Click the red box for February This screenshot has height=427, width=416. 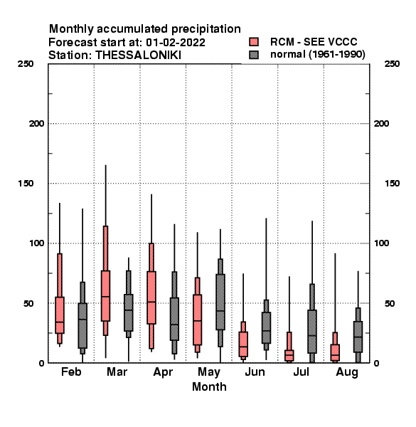click(60, 315)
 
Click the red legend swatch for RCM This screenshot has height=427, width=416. click(254, 42)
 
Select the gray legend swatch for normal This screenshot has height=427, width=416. click(254, 55)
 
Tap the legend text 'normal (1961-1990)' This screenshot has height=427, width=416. click(317, 55)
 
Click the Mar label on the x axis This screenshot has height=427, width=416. click(117, 371)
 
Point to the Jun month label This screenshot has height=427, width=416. click(255, 371)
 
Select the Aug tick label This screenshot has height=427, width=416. click(347, 372)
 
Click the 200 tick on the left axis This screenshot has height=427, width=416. click(36, 124)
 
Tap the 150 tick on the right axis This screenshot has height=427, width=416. click(392, 184)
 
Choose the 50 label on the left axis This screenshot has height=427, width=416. click(28, 303)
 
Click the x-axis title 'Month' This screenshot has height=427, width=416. click(209, 386)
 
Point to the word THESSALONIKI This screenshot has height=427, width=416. click(139, 56)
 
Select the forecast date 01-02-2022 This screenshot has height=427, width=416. click(176, 43)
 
